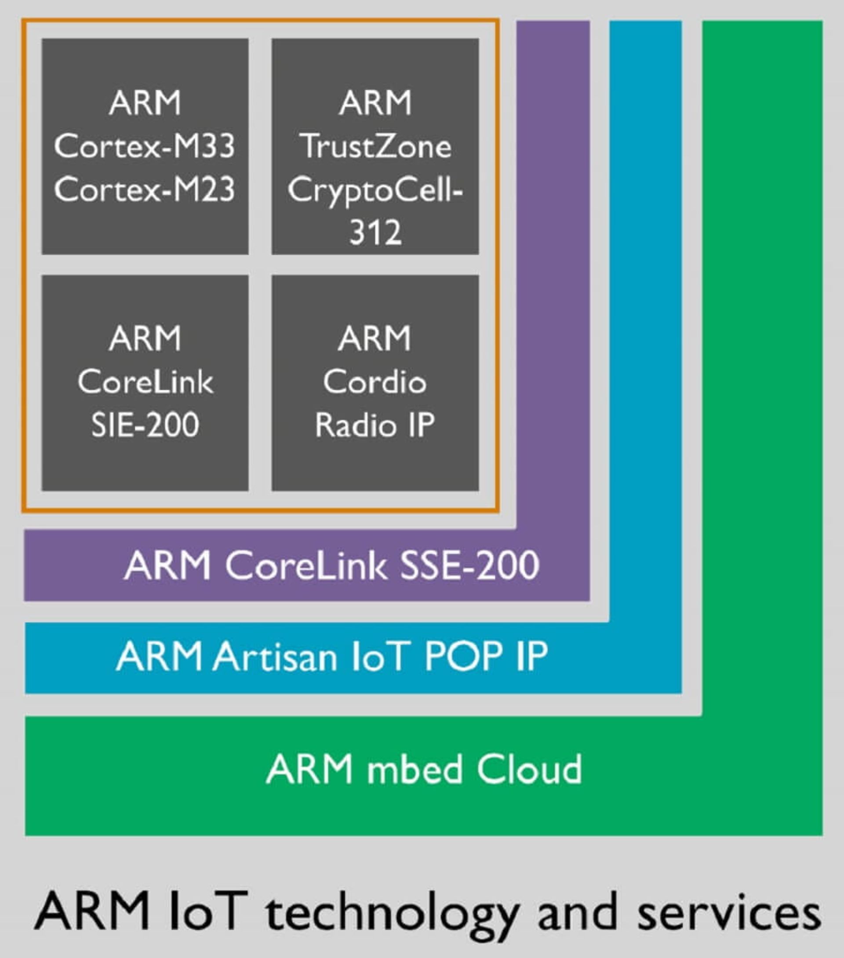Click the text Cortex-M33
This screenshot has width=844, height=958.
point(145,147)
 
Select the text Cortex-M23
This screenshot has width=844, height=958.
point(145,190)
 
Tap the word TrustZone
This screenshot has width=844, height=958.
point(375,147)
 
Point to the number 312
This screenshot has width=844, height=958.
point(375,232)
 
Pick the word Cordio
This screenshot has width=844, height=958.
point(375,382)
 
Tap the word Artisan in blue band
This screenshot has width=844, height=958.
point(275,657)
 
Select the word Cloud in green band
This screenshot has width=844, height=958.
point(529,769)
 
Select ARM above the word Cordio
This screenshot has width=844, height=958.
point(375,338)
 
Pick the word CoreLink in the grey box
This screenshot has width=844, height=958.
point(146,382)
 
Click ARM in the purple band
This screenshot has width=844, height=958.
point(168,566)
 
